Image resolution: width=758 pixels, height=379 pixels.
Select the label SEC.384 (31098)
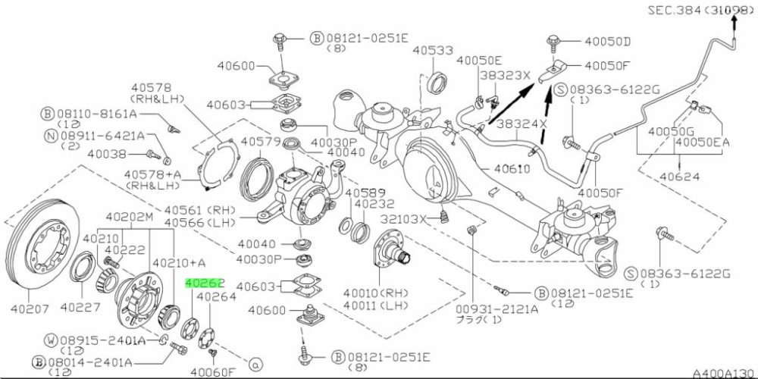point(700,10)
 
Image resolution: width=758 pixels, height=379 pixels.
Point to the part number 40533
point(433,50)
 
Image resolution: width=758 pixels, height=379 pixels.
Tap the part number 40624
point(681,177)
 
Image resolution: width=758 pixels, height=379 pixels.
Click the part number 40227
point(81,307)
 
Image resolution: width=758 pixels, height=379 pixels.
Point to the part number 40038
point(107,154)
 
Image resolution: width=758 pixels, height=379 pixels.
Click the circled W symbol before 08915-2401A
point(52,340)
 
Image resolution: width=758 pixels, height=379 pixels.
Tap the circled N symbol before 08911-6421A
point(52,136)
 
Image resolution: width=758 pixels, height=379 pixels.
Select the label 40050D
point(608,42)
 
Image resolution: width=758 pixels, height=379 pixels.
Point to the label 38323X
point(505,75)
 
